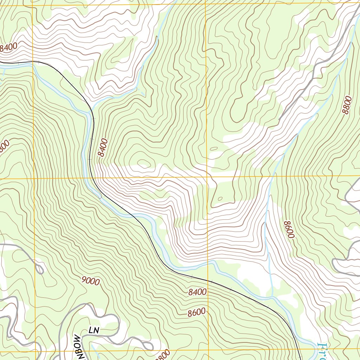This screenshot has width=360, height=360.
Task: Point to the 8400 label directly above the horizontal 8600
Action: tap(197, 292)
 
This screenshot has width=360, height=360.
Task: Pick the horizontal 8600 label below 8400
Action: tap(197, 312)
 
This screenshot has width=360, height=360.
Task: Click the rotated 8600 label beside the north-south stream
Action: tap(289, 230)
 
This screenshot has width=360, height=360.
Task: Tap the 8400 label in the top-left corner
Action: tap(8, 48)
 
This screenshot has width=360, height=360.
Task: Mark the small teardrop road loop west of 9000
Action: tap(39, 269)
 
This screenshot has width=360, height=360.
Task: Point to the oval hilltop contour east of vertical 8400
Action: tap(143, 162)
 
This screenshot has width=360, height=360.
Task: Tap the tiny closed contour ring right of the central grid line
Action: tap(220, 199)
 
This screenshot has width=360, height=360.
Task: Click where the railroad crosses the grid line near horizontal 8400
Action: tap(208, 281)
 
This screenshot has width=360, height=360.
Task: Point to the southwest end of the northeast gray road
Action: tap(279, 120)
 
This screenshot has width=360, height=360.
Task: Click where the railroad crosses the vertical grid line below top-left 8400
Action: tap(33, 62)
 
